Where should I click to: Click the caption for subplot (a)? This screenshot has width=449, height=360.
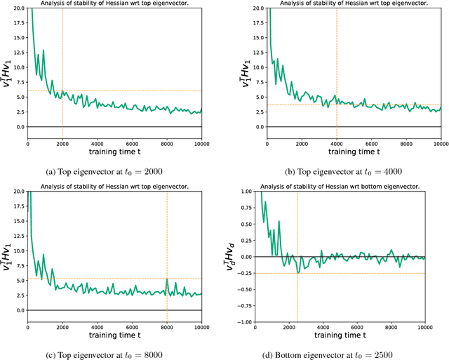(115, 171)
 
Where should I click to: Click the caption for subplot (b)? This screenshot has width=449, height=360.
(354, 171)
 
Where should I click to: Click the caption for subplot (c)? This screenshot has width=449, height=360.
(115, 353)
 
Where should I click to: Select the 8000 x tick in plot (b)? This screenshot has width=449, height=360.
(406, 144)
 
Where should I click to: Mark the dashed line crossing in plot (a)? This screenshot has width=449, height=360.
(62, 91)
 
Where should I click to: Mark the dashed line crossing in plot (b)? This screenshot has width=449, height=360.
(337, 105)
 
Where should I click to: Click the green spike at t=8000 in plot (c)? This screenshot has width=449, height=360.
(167, 279)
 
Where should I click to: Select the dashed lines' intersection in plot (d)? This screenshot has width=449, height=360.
(297, 273)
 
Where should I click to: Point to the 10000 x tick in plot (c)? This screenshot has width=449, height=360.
(201, 326)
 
